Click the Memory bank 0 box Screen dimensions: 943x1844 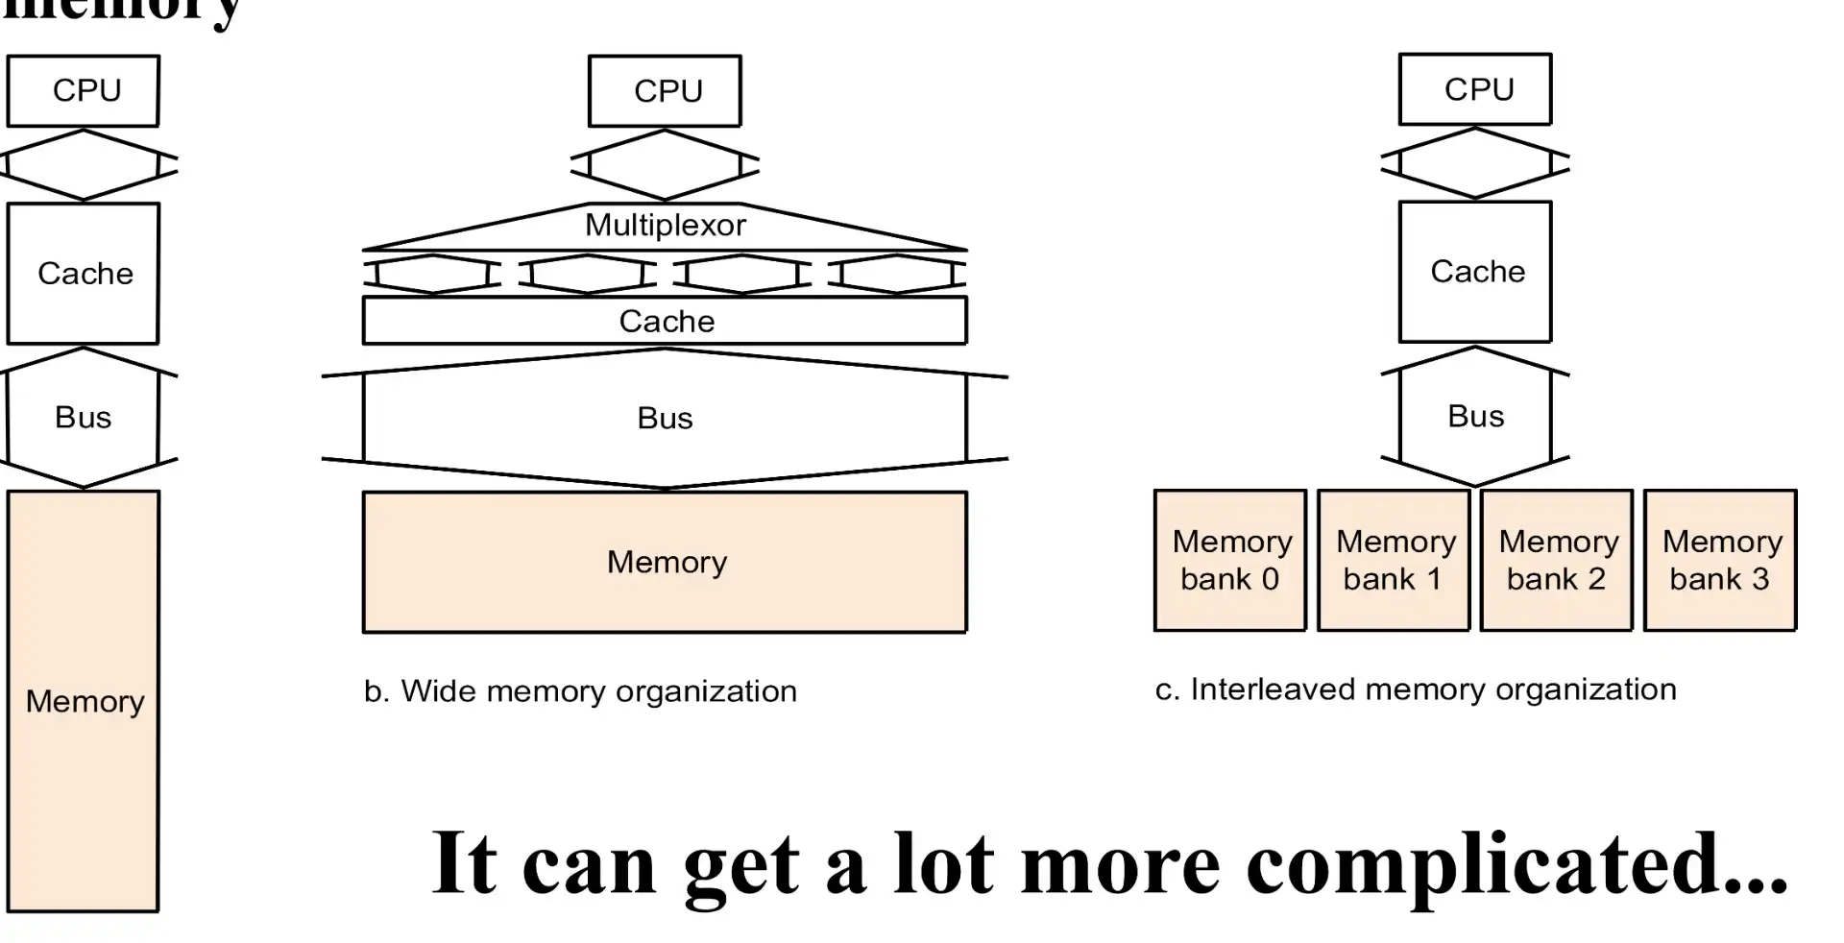pyautogui.click(x=1229, y=560)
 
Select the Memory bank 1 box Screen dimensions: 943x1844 pyautogui.click(x=1393, y=560)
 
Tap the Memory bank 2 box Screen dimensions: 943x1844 pyautogui.click(x=1556, y=560)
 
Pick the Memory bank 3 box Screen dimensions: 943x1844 pyautogui.click(x=1719, y=560)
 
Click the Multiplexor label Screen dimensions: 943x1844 pyautogui.click(x=665, y=226)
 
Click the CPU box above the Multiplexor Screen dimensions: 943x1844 pyautogui.click(x=665, y=91)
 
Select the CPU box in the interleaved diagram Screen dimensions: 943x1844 pyautogui.click(x=1475, y=89)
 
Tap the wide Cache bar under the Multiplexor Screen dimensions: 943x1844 pyautogui.click(x=665, y=321)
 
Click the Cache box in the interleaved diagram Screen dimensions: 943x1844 pyautogui.click(x=1475, y=272)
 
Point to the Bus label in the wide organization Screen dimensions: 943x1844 pyautogui.click(x=665, y=419)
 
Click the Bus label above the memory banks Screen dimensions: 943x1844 pyautogui.click(x=1475, y=417)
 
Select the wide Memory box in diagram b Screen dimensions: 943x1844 pyautogui.click(x=665, y=562)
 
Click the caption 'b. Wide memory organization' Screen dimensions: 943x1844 pyautogui.click(x=580, y=691)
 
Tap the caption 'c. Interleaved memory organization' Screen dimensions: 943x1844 pyautogui.click(x=1416, y=689)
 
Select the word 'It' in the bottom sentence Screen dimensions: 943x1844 pyautogui.click(x=465, y=864)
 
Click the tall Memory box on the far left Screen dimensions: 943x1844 pyautogui.click(x=84, y=701)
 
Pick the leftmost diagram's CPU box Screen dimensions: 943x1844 pyautogui.click(x=84, y=91)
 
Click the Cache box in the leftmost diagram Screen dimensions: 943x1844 pyautogui.click(x=84, y=274)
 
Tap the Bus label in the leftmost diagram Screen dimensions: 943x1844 pyautogui.click(x=84, y=418)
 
